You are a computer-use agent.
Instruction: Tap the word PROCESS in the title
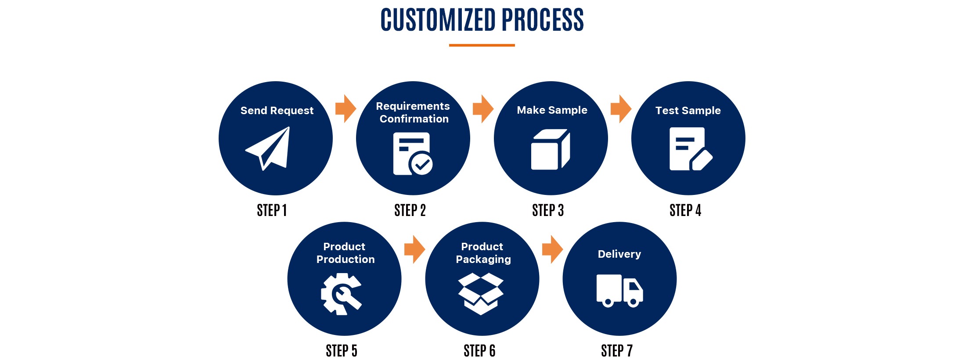coord(543,20)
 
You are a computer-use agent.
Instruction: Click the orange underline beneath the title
coord(482,45)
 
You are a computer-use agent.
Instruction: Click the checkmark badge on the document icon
coord(421,164)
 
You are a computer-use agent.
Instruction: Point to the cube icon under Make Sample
coord(551,149)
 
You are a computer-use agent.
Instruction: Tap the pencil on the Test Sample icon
coord(702,160)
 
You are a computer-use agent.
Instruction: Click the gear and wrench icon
coord(342,294)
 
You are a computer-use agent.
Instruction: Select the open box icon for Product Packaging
coord(481,293)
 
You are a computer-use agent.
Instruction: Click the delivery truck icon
coord(619,291)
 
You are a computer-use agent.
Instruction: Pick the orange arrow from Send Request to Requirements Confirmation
coord(346,108)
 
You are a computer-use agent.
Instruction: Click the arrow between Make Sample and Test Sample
coord(621,108)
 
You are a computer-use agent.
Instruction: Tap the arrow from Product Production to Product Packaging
coord(414,249)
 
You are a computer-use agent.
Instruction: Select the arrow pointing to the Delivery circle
coord(552,249)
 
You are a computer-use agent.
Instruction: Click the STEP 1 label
coord(272,211)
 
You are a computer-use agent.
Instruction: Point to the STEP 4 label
coord(685,211)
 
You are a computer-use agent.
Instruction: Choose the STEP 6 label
coord(479,351)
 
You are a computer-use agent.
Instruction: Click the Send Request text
coord(277,111)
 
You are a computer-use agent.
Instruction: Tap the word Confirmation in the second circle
coord(414,119)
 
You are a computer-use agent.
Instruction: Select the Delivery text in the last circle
coord(619,254)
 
